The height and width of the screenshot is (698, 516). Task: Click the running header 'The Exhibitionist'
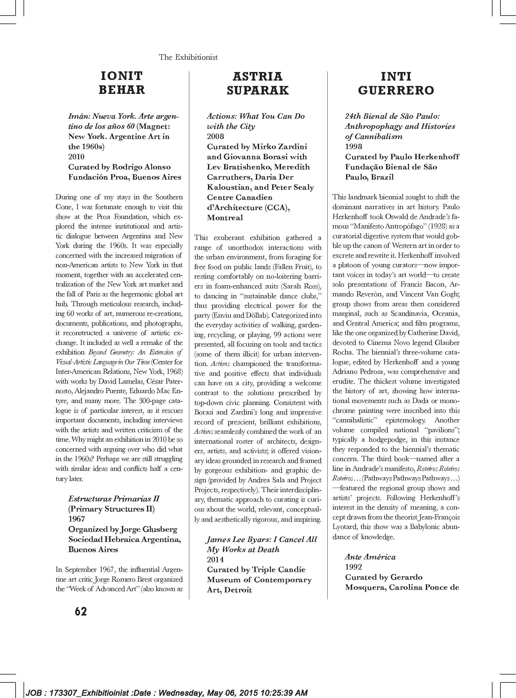[188, 57]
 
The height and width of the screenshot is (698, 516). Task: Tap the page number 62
[81, 611]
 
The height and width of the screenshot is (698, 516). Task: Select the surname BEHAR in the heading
[122, 90]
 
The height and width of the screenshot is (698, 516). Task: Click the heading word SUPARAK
[258, 90]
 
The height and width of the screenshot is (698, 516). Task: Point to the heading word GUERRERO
[396, 90]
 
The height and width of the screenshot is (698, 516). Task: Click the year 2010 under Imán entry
[77, 157]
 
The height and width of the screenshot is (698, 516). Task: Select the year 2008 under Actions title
[215, 136]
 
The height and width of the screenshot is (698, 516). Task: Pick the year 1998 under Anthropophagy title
[354, 147]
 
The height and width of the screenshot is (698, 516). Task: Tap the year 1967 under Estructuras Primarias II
[77, 519]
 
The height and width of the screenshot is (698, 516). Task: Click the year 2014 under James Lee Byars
[215, 559]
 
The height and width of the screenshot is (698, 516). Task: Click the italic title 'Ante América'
[370, 557]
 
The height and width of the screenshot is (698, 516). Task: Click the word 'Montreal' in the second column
[225, 218]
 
